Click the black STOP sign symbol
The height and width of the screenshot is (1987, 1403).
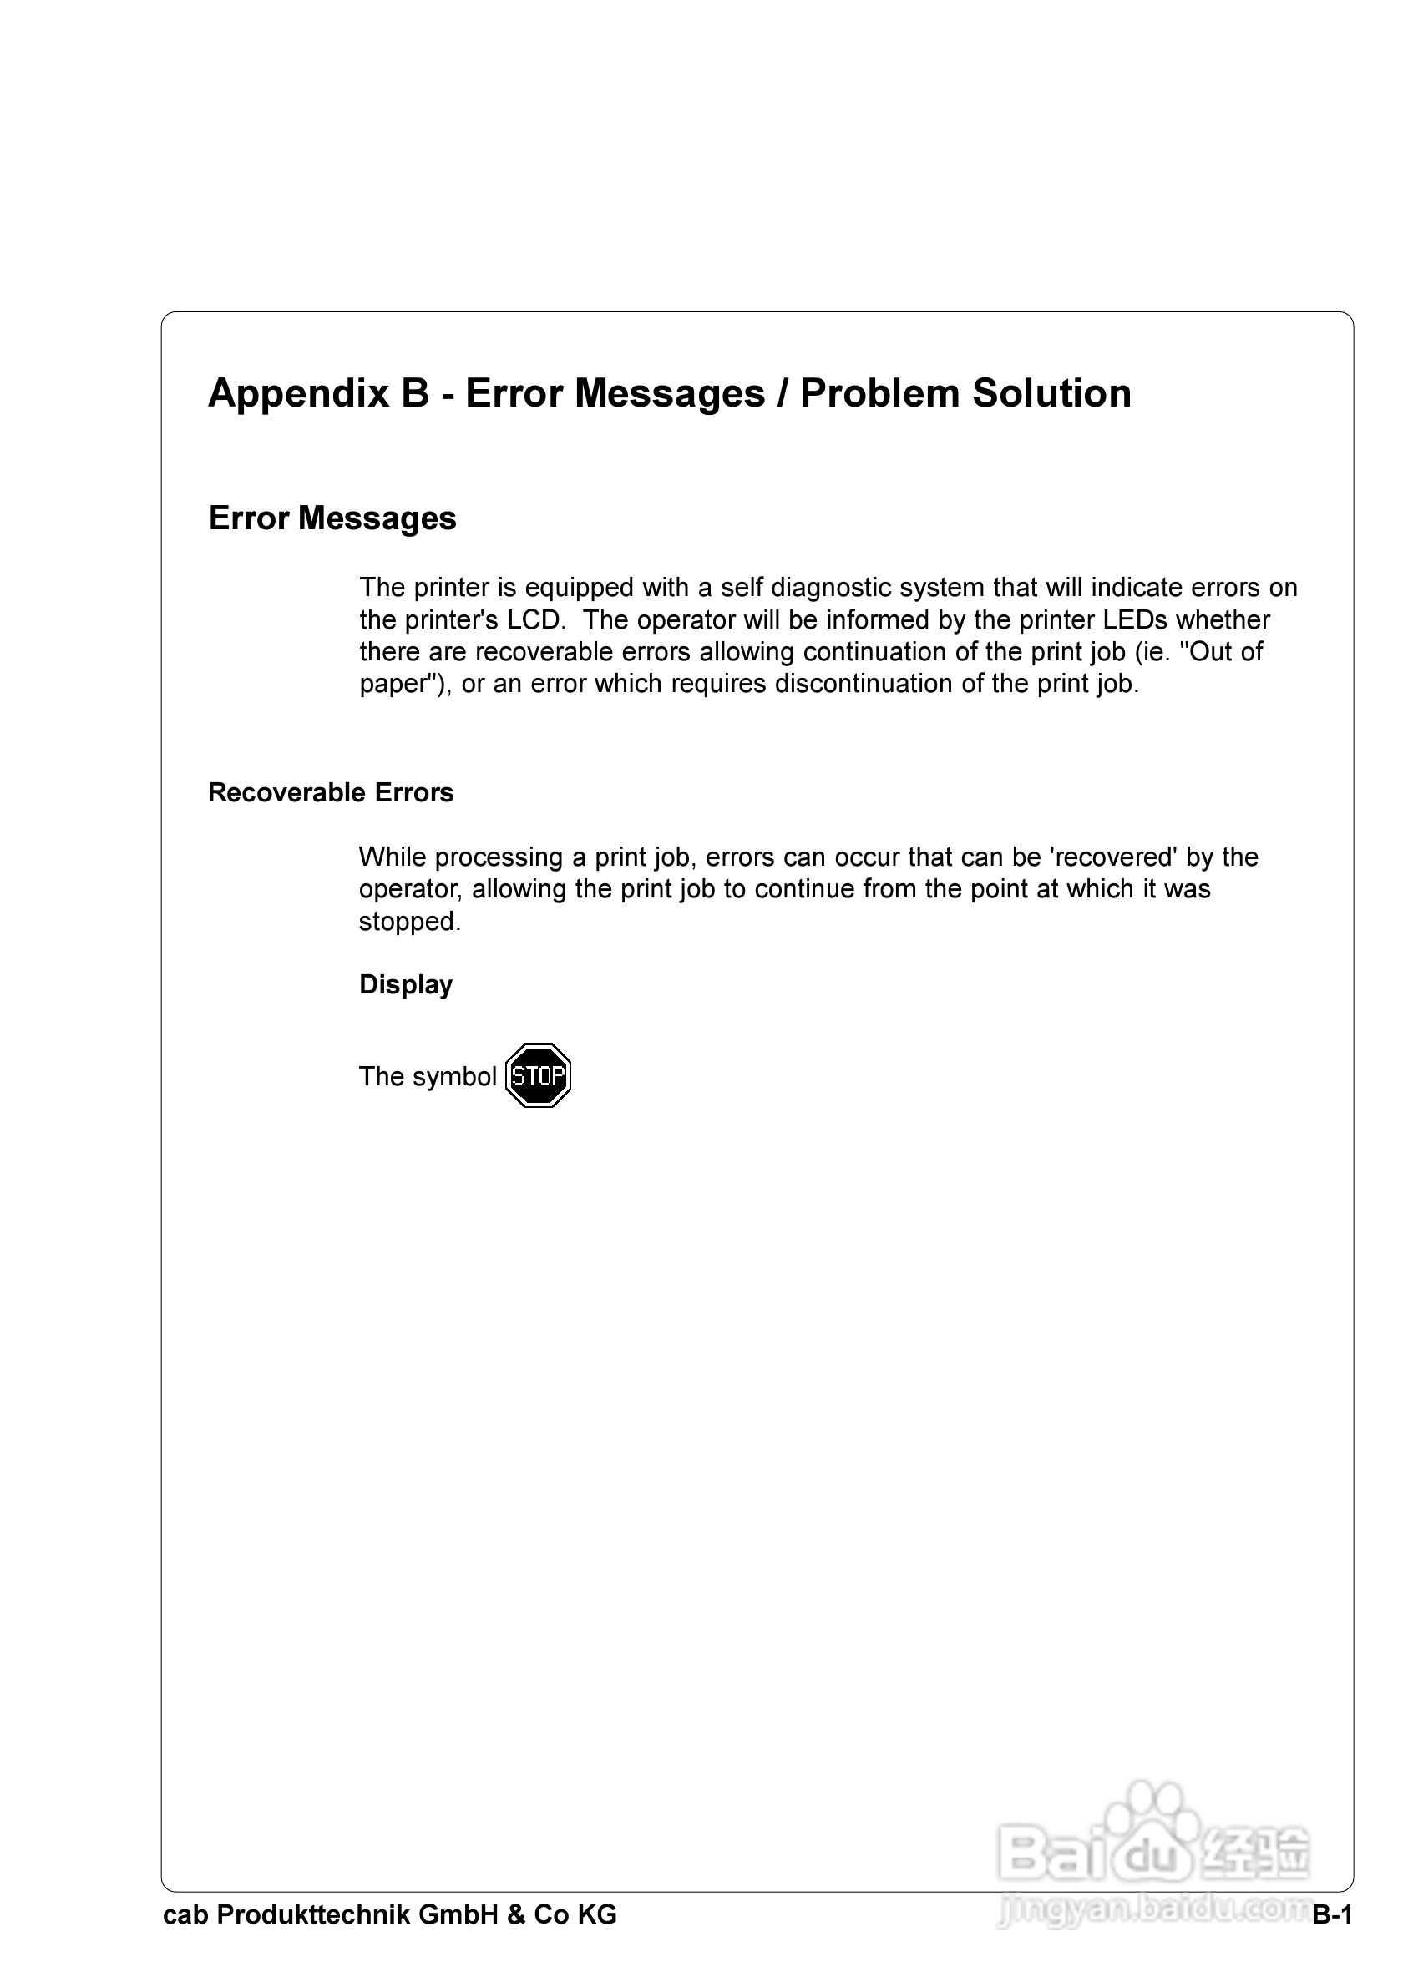click(x=538, y=1075)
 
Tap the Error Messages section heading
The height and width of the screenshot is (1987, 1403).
click(x=332, y=518)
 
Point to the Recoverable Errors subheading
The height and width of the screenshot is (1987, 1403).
click(x=331, y=793)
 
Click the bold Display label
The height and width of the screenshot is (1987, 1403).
click(x=405, y=985)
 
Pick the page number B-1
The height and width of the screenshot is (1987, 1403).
click(x=1332, y=1915)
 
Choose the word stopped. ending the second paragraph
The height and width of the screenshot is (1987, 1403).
click(x=410, y=922)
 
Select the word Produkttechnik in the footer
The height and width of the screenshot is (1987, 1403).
click(x=312, y=1915)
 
